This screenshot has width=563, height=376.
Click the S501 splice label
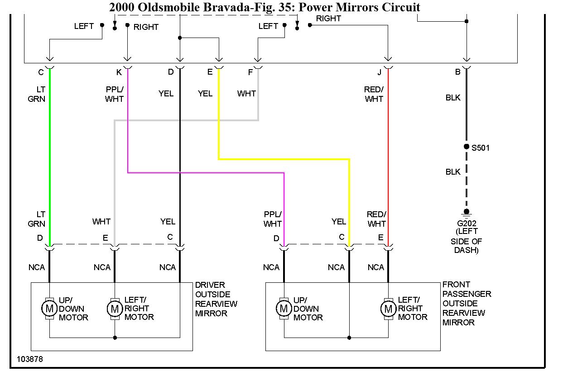coord(481,148)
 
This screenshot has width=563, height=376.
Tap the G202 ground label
coord(466,223)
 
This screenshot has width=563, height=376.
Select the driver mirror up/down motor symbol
coord(49,309)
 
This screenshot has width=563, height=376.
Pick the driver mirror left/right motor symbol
coord(115,309)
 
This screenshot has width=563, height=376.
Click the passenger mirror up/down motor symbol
coord(284,309)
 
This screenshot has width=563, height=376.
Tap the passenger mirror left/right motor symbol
coord(388,309)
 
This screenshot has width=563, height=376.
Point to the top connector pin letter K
coord(119,72)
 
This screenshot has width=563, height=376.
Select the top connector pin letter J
coord(379,72)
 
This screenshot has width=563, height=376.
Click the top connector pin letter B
coord(458,72)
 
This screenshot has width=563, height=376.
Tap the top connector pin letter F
coord(250,72)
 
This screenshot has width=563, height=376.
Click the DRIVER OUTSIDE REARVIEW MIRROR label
coord(216,299)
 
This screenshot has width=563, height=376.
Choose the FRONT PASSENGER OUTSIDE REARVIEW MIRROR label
coord(467,303)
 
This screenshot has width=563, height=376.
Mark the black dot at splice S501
coord(466,147)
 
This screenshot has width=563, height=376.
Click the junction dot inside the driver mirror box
coord(115,338)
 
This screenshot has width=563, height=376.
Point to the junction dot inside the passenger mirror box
coord(349,338)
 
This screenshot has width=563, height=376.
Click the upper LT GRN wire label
coord(37,94)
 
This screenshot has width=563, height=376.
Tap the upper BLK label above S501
coord(453,98)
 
